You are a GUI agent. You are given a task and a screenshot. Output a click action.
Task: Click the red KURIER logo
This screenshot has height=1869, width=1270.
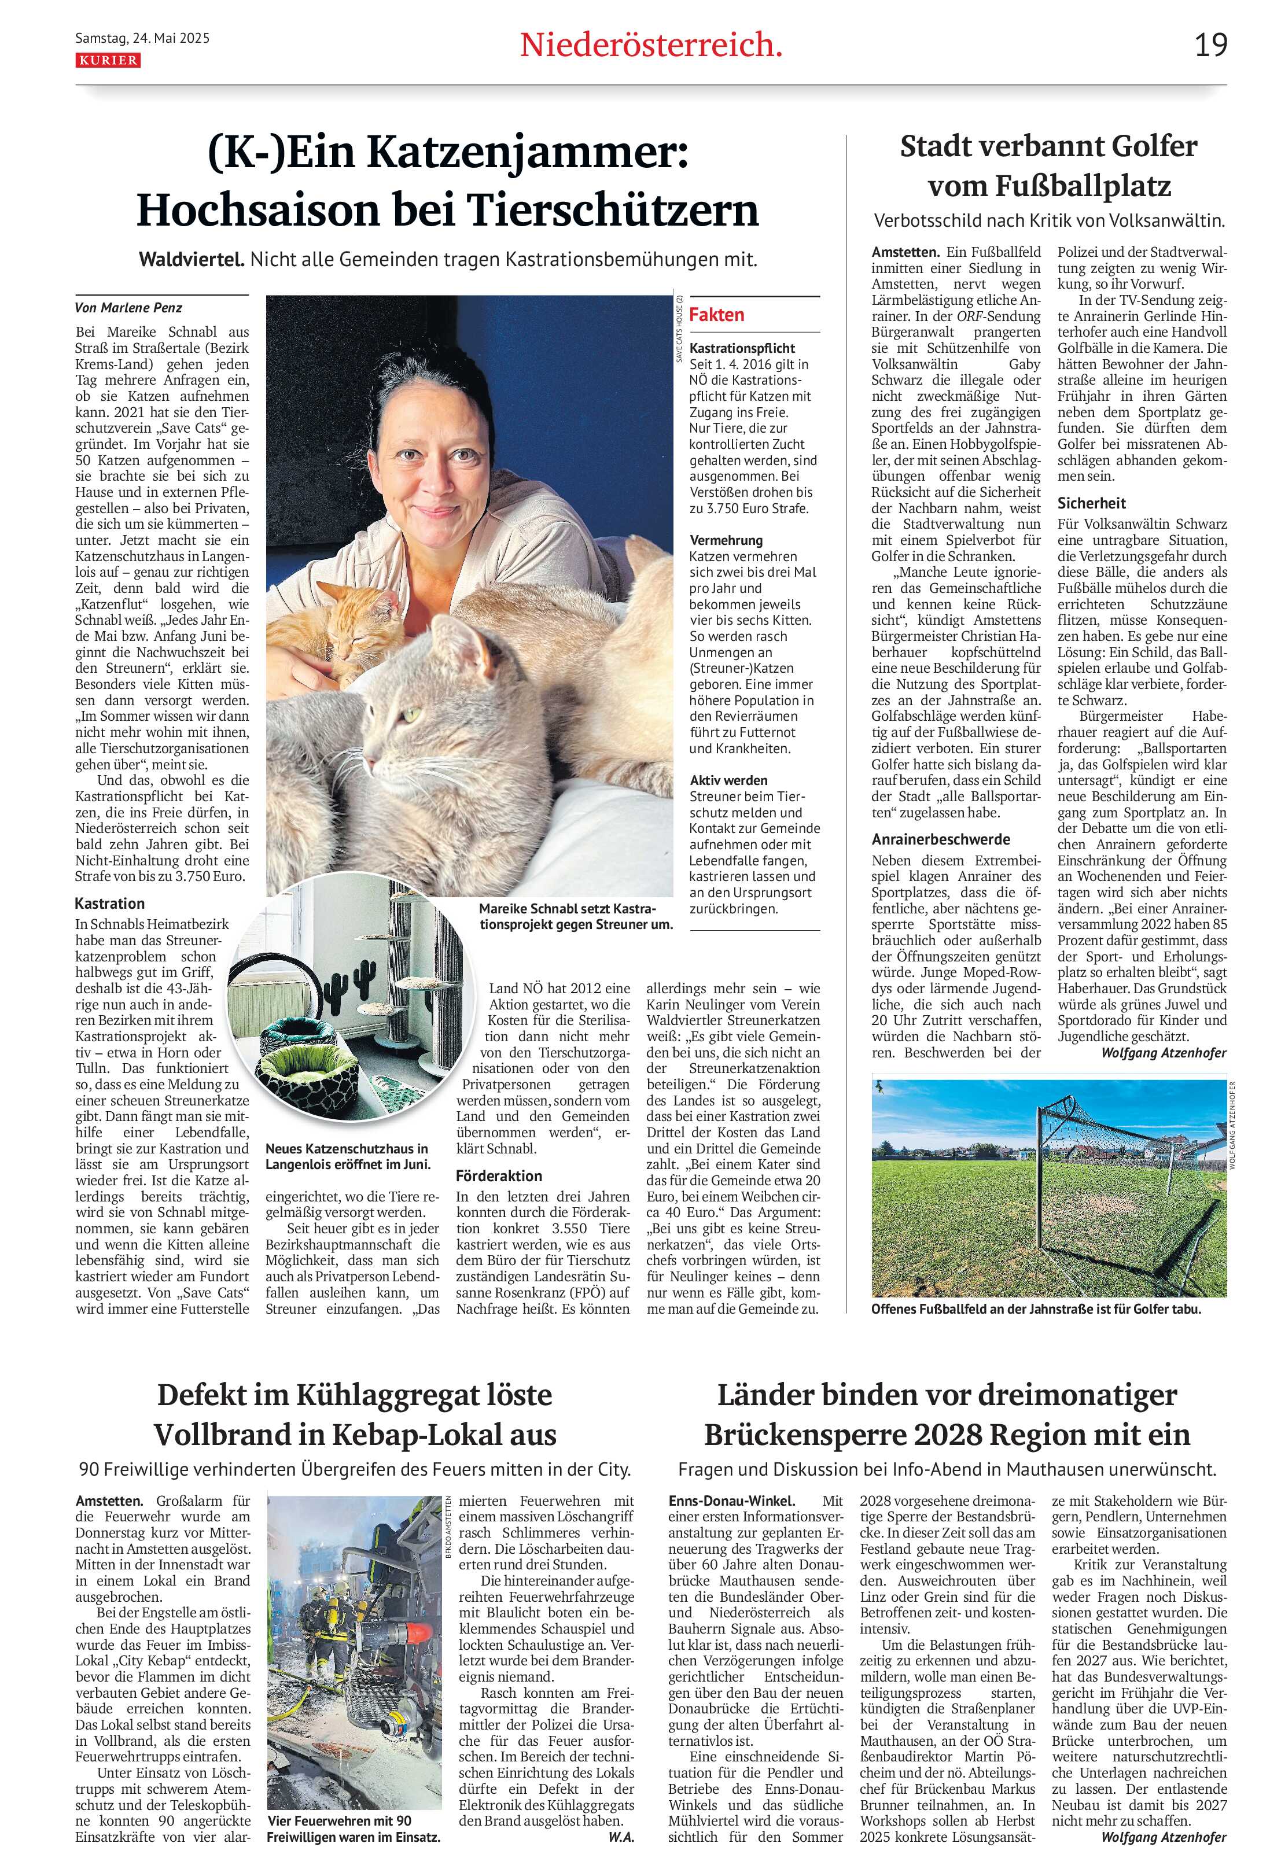[x=108, y=60]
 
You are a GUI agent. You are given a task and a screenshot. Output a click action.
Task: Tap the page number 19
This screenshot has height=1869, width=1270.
[x=1210, y=45]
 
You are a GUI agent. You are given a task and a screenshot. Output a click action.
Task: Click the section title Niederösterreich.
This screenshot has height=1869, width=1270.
[x=651, y=46]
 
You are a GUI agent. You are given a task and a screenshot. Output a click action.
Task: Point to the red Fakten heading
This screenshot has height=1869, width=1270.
[x=717, y=315]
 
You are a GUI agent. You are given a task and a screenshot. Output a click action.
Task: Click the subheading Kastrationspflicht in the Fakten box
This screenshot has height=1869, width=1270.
[x=742, y=348]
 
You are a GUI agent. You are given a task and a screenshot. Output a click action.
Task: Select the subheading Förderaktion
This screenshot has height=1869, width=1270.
[x=499, y=1176]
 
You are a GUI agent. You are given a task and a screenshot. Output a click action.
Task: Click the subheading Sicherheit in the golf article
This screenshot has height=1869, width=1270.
[x=1091, y=503]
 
